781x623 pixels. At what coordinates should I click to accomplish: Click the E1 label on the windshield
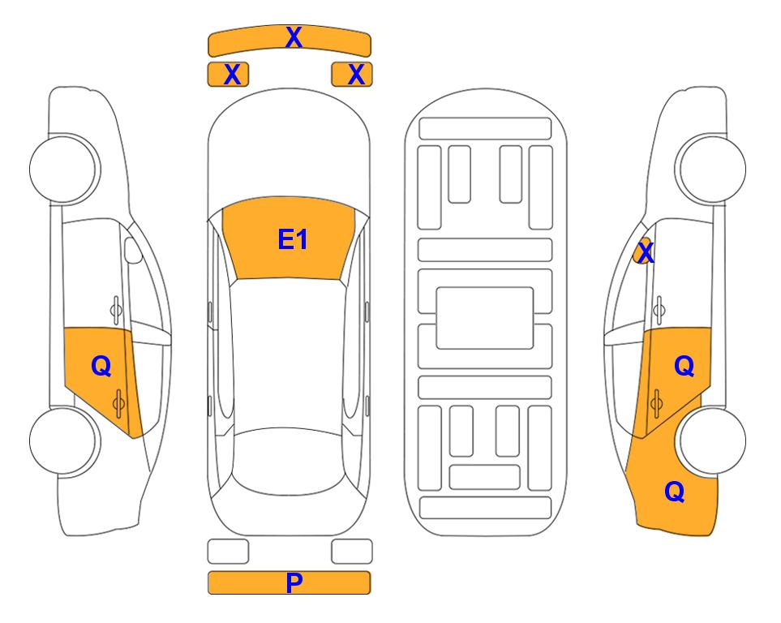coord(293,239)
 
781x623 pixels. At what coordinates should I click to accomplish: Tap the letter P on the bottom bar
coord(294,582)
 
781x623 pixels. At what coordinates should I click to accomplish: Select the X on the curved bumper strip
coord(294,37)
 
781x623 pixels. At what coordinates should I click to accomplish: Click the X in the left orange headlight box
coord(232,75)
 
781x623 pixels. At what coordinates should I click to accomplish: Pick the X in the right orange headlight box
coord(356,75)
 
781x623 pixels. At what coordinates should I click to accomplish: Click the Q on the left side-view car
coord(101,367)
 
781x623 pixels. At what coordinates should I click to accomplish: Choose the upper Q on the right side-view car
coord(684,367)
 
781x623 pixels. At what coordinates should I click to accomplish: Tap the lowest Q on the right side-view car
coord(675,492)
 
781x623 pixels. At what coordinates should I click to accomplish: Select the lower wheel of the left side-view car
coord(62,440)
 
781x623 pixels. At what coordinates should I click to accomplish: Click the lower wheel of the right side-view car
coord(713,440)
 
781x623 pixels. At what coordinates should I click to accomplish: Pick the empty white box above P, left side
coord(228,552)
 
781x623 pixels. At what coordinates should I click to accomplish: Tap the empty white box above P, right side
coord(352,552)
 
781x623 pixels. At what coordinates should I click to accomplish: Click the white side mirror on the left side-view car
coord(133,250)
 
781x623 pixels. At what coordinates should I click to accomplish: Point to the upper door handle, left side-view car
coord(116,310)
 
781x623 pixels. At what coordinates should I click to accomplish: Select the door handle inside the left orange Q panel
coord(118,403)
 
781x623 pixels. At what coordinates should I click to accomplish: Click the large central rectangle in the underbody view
coord(485,318)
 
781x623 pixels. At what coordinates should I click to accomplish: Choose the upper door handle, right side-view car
coord(659,310)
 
